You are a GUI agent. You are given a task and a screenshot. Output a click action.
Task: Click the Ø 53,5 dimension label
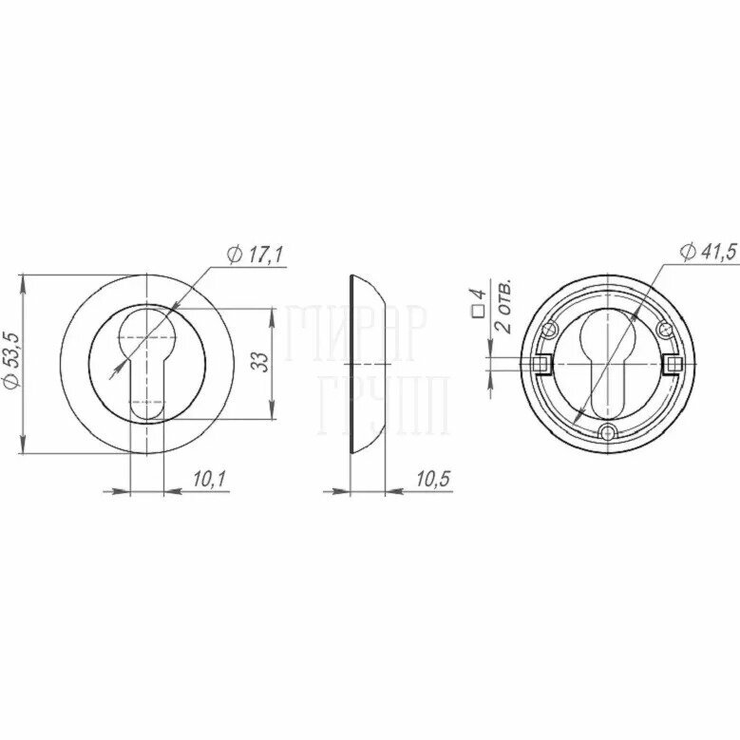click(x=11, y=360)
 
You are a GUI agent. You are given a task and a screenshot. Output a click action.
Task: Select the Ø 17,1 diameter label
click(x=255, y=255)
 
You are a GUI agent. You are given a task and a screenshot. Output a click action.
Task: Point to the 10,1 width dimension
click(x=210, y=479)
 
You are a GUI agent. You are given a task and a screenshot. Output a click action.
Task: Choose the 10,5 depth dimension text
click(x=433, y=479)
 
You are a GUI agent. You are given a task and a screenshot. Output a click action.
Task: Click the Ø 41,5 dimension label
click(x=708, y=252)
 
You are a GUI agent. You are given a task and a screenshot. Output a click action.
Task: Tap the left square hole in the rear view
click(x=540, y=364)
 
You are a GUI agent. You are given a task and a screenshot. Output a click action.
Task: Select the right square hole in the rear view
click(x=672, y=364)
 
